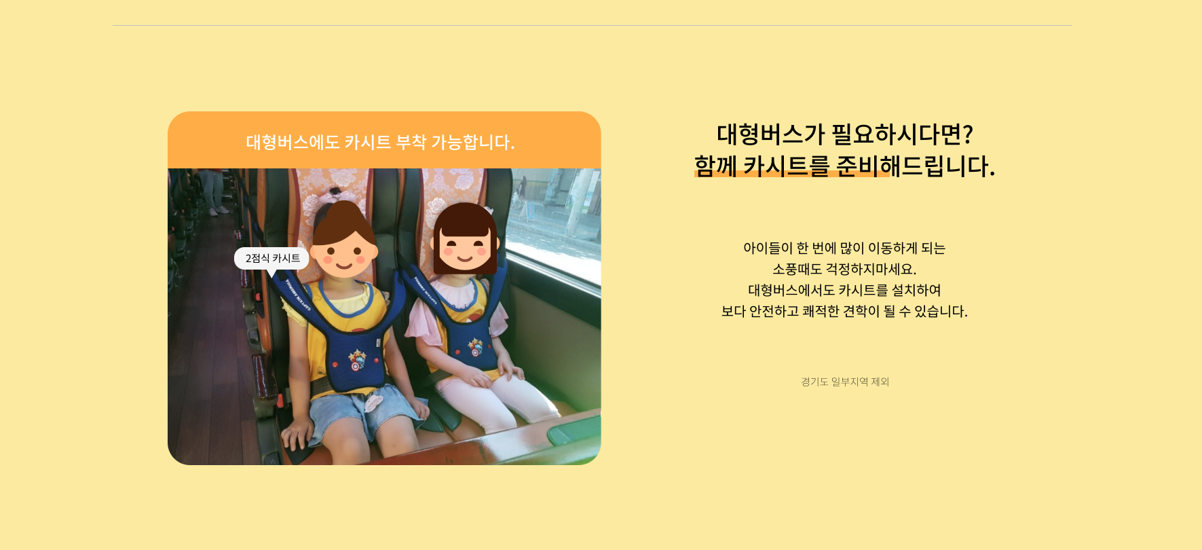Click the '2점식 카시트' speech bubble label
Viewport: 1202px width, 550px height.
272,259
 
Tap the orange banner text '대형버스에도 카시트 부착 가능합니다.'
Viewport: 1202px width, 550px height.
380,142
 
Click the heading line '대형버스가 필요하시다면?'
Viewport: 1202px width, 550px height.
845,134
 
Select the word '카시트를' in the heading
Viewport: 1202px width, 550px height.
786,166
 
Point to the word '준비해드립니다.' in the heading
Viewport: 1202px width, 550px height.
916,166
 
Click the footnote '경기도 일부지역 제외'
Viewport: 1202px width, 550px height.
845,382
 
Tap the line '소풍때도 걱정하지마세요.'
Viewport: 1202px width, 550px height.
844,269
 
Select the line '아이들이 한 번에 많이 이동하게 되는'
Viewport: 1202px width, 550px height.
844,248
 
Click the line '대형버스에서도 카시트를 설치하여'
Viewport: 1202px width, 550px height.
844,290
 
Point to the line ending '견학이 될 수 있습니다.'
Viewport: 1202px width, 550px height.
844,311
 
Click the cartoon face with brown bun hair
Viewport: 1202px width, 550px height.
343,240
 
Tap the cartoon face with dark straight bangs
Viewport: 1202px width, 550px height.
465,238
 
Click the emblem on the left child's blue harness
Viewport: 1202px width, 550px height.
356,359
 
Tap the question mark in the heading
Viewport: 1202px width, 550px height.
968,134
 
